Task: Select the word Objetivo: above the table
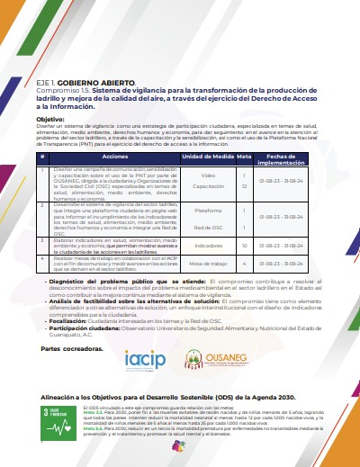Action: pos(51,119)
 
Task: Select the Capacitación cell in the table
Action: pos(208,186)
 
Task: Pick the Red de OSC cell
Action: pos(208,228)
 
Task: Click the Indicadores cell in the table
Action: pos(208,245)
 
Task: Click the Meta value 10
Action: pos(244,245)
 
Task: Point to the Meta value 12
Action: pos(244,186)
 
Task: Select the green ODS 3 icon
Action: pos(31,422)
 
